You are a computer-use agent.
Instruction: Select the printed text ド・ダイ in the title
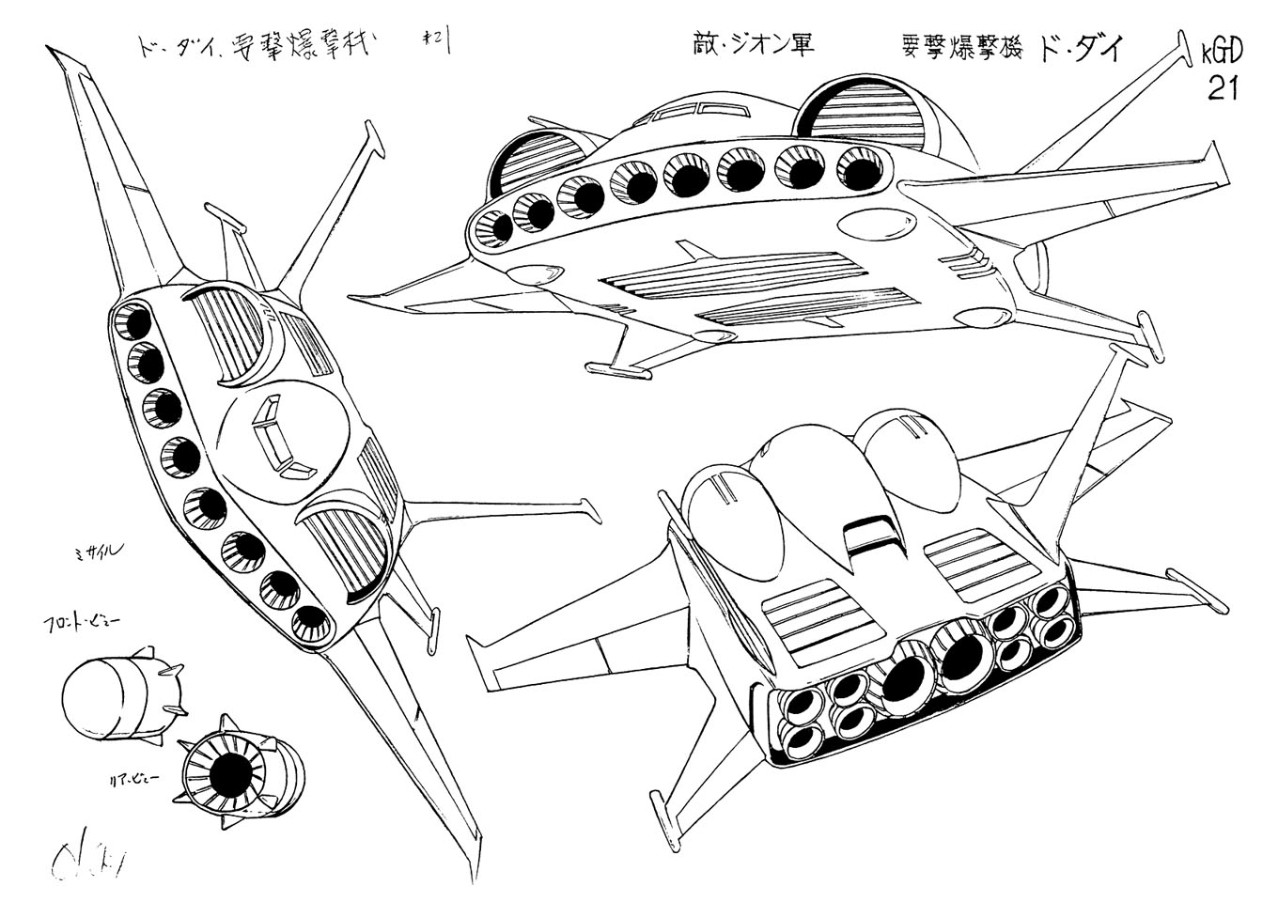[x=1080, y=46]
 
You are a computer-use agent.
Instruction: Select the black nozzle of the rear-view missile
[x=229, y=773]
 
